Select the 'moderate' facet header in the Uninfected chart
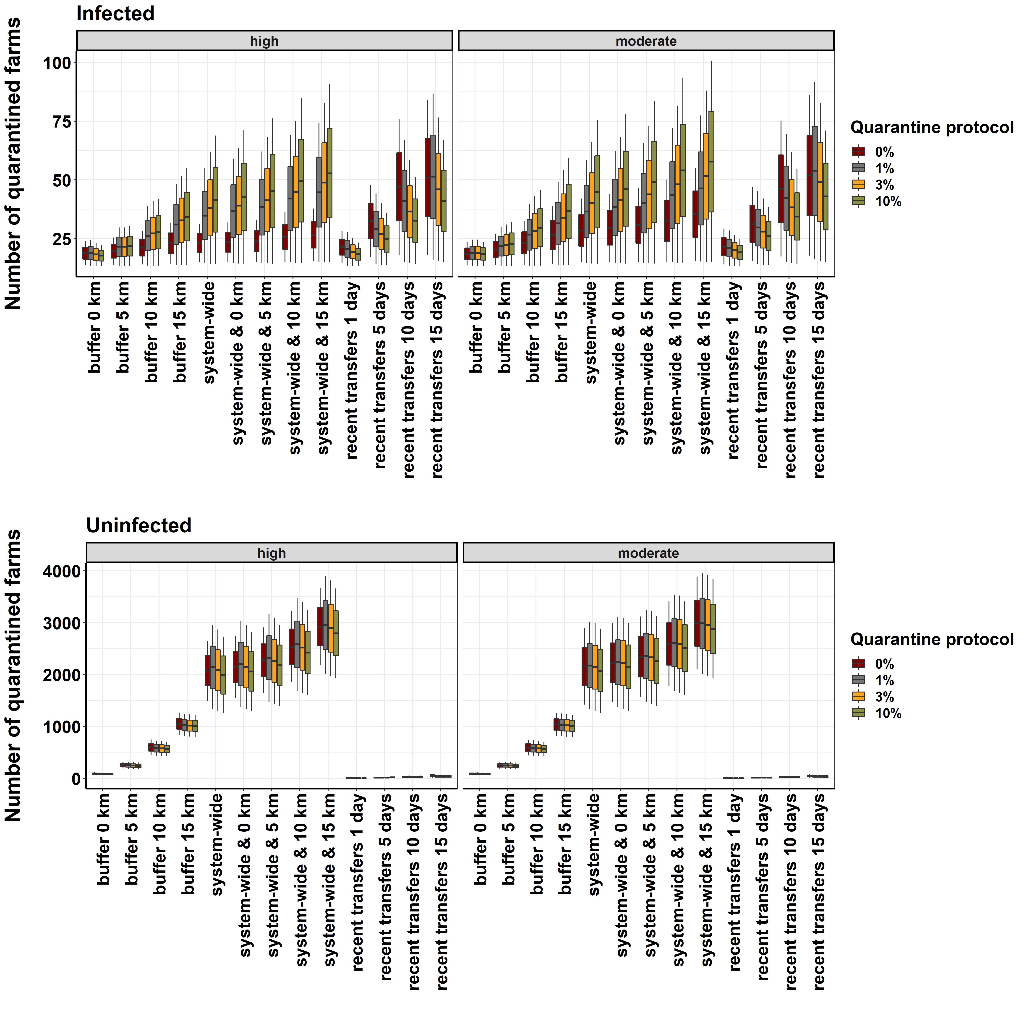click(648, 553)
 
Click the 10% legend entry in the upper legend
click(888, 201)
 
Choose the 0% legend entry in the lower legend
click(884, 664)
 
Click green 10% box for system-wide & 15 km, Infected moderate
click(711, 162)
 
